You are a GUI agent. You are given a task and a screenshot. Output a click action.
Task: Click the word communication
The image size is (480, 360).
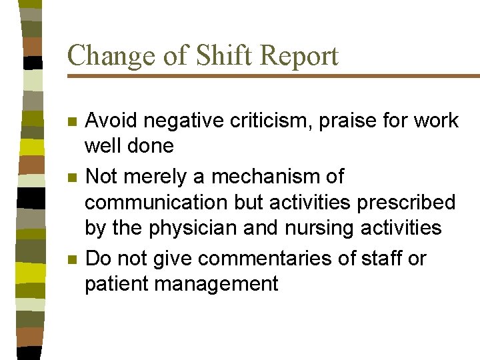click(x=151, y=203)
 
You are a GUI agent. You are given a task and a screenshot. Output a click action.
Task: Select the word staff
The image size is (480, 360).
click(x=382, y=258)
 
